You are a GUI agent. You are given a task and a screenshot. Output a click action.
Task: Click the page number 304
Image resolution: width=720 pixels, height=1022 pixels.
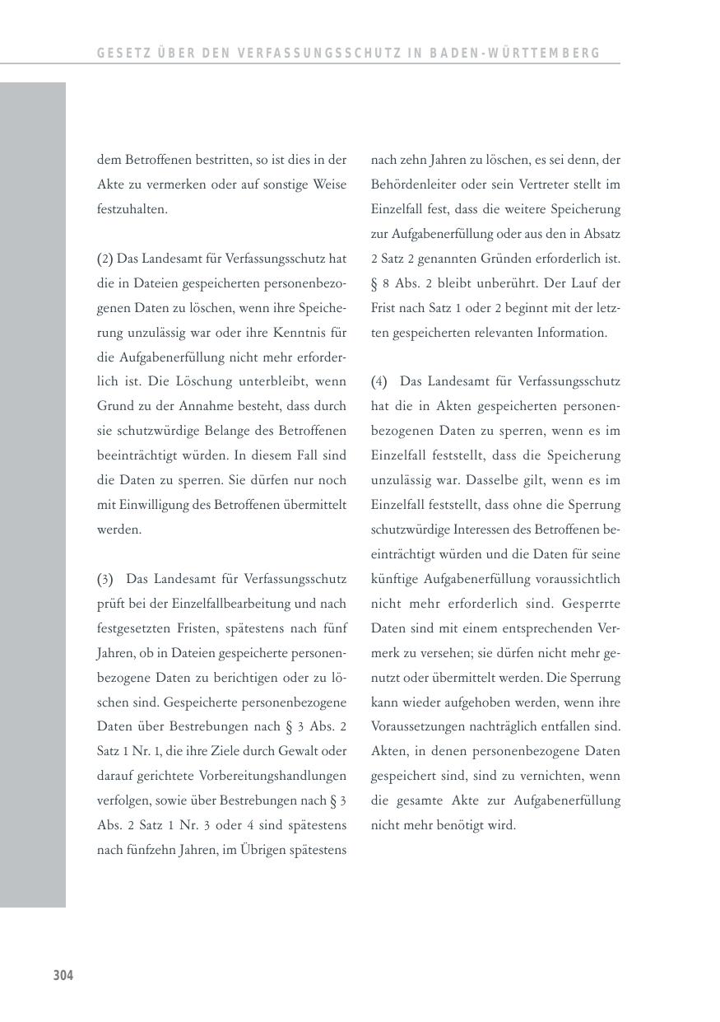(63, 976)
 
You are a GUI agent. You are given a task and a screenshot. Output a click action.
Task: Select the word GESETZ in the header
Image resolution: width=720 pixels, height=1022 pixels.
(120, 54)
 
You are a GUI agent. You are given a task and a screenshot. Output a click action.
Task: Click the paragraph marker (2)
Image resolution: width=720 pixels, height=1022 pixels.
(105, 259)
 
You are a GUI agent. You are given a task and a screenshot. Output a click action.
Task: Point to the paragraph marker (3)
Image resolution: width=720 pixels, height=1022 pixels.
(105, 579)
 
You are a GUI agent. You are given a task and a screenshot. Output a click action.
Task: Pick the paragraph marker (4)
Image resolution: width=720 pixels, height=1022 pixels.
(379, 381)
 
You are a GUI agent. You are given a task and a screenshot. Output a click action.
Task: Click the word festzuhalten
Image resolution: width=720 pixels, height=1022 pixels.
(132, 209)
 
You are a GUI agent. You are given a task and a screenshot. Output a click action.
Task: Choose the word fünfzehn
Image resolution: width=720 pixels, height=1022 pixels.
(151, 850)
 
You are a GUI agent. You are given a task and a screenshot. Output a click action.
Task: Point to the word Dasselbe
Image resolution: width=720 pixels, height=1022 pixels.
(491, 480)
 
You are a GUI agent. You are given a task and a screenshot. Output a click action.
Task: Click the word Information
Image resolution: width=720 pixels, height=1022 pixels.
(572, 333)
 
